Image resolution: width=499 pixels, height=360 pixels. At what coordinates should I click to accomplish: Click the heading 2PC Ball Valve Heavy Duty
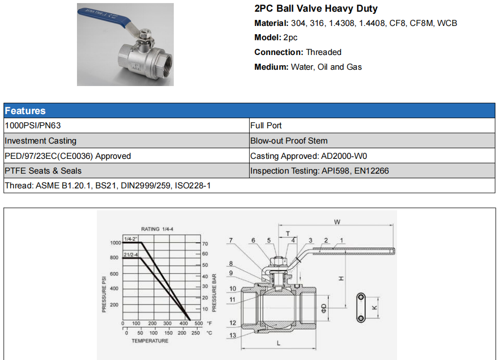(x=316, y=9)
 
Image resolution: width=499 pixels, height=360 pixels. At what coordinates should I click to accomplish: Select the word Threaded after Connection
(x=323, y=52)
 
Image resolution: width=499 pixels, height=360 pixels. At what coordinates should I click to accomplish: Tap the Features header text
(x=25, y=110)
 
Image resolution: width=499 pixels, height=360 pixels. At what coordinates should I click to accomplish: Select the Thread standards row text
(x=108, y=185)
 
